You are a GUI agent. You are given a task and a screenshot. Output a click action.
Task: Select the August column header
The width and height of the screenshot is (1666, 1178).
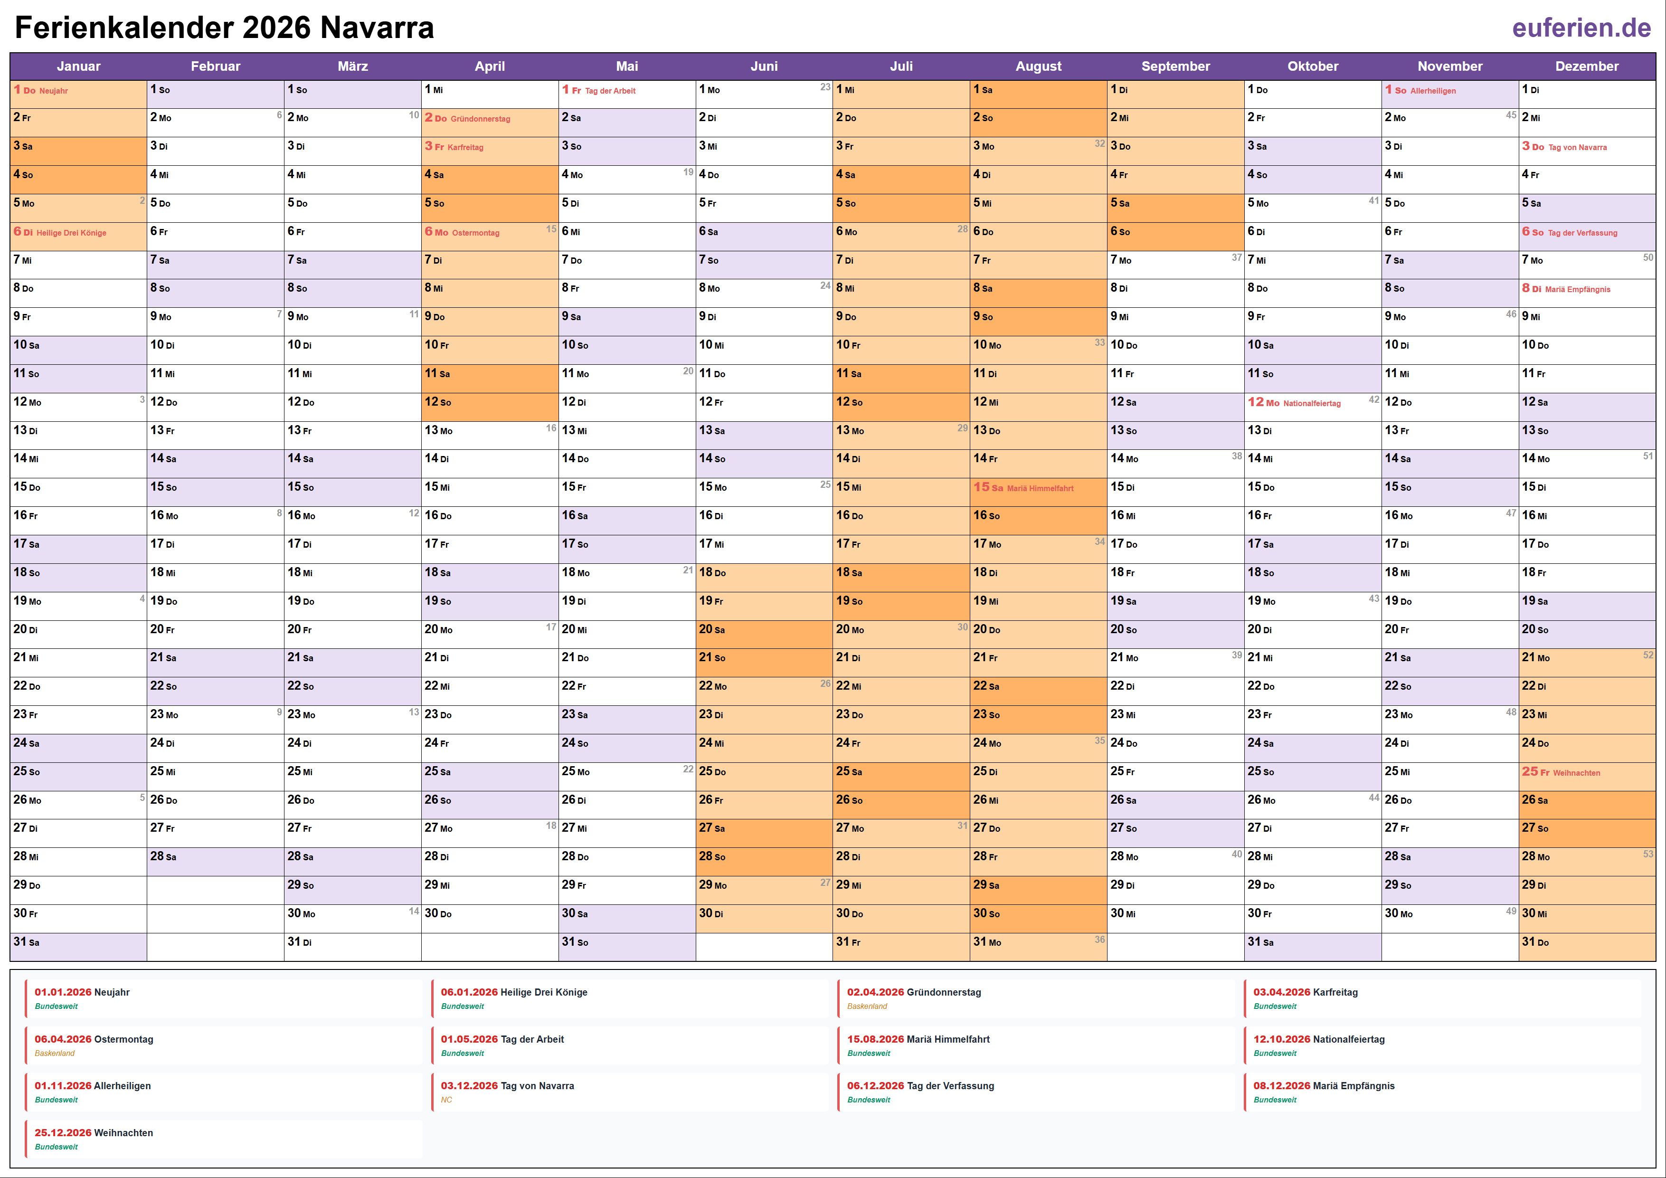(x=1038, y=66)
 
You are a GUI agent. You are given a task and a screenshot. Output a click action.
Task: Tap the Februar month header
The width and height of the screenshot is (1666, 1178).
(x=216, y=66)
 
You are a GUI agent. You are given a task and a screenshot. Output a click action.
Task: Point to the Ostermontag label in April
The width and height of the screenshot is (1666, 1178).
(x=475, y=233)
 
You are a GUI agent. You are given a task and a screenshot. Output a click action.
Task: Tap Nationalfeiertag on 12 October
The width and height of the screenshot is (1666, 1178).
(x=1311, y=404)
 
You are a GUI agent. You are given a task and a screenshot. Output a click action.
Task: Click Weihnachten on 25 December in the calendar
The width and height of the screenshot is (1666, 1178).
(x=1576, y=773)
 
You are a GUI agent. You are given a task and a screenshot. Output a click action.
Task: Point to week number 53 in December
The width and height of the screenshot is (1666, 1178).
(x=1648, y=854)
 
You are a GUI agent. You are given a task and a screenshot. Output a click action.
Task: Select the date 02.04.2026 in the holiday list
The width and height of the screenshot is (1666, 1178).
(x=875, y=992)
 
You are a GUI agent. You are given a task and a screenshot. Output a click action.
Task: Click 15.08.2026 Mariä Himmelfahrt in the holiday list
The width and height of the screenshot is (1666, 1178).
(x=918, y=1039)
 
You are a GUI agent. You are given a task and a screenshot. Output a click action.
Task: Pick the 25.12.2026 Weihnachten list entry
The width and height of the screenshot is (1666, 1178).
(x=94, y=1133)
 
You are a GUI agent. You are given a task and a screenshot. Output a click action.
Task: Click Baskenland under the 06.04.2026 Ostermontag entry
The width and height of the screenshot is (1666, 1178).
(x=55, y=1053)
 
